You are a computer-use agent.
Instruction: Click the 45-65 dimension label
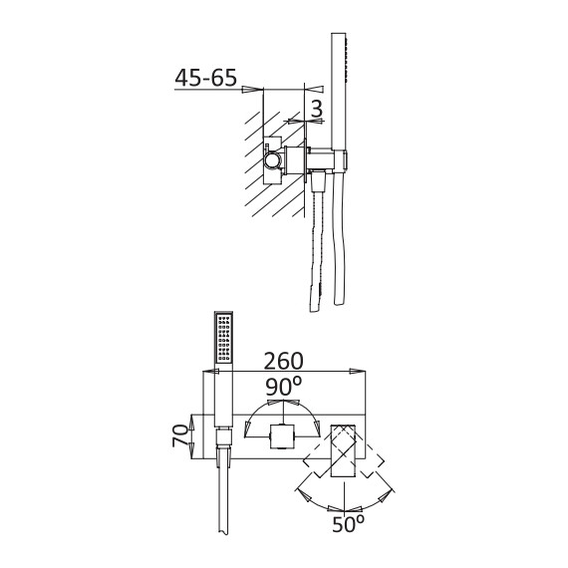click(x=205, y=77)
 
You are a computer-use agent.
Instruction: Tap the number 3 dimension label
click(x=317, y=109)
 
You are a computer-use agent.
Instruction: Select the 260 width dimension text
click(x=283, y=361)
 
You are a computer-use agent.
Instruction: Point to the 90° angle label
click(x=284, y=387)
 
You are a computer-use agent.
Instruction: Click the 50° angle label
click(x=348, y=523)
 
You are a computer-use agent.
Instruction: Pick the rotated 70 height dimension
click(x=180, y=435)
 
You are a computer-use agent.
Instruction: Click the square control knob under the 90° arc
click(x=282, y=436)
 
